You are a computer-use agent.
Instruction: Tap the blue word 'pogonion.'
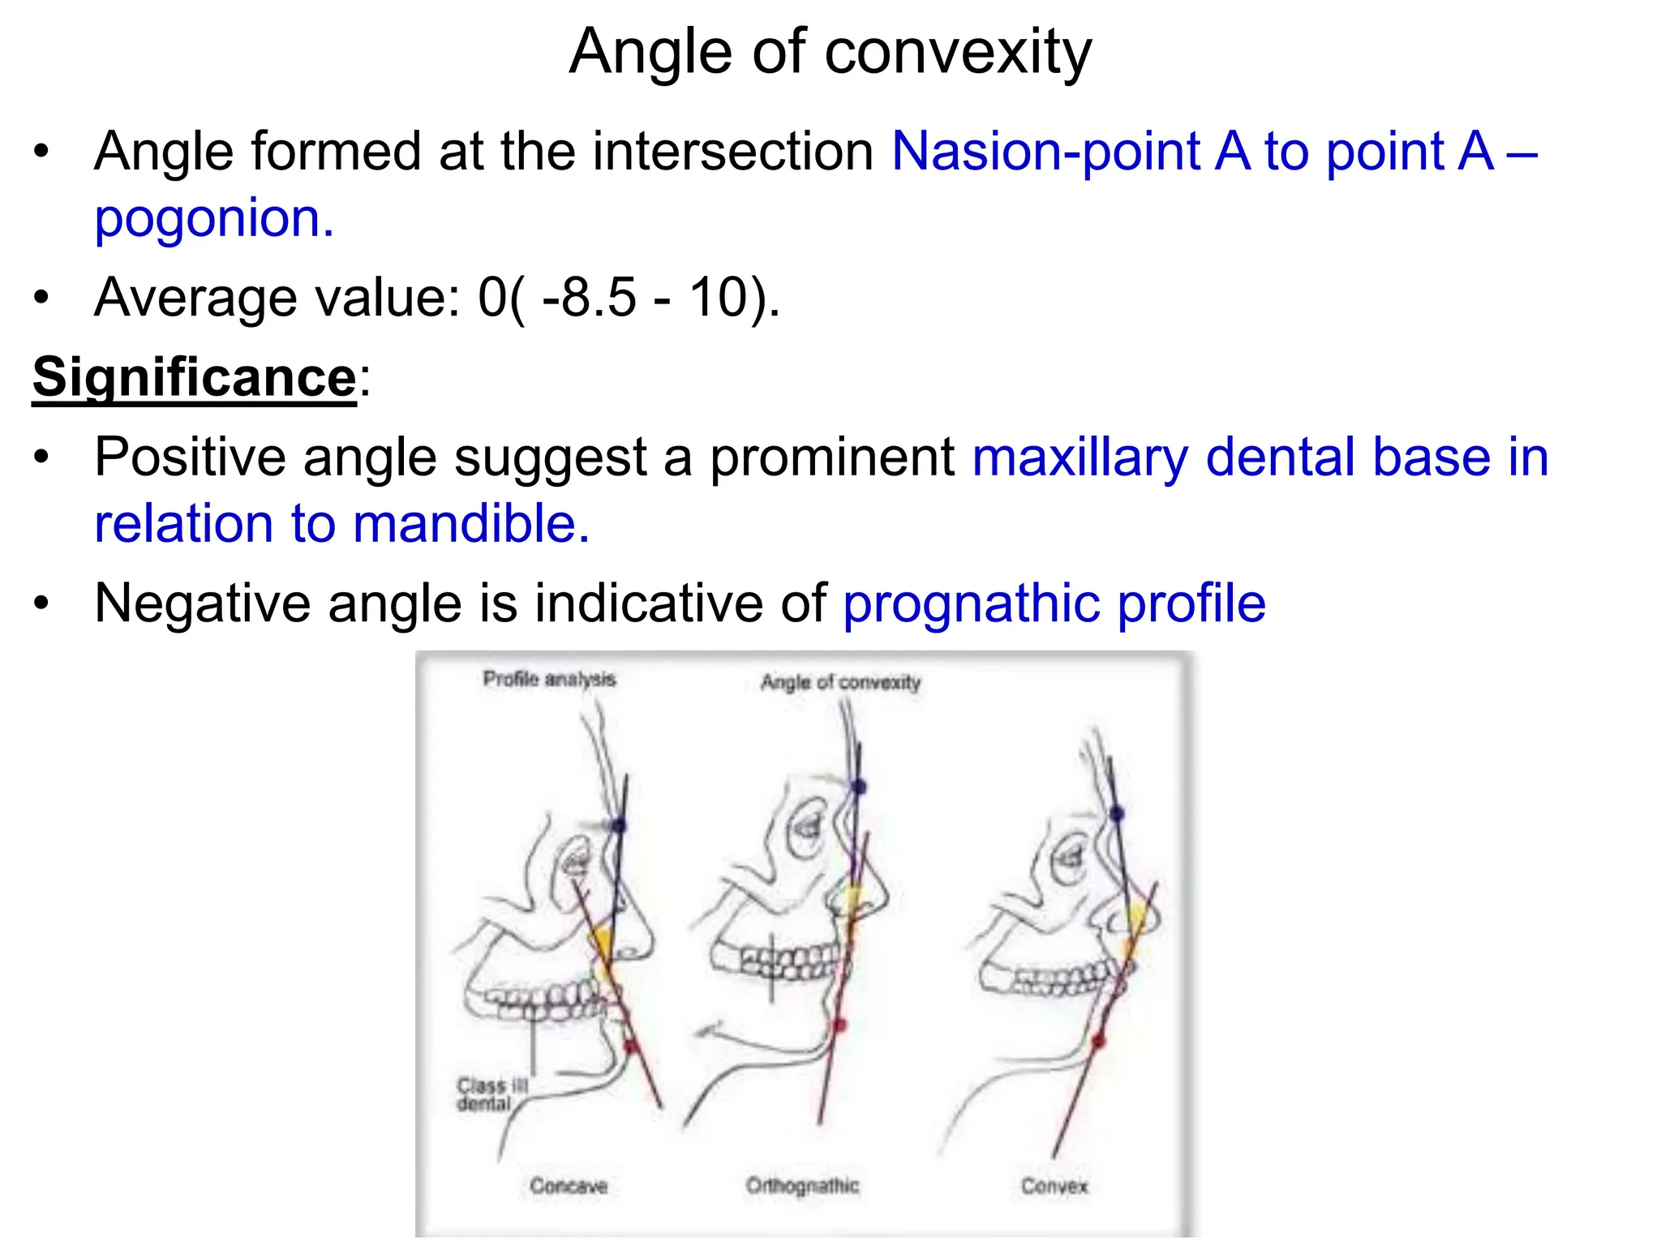(214, 218)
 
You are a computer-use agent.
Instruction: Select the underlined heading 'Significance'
(195, 377)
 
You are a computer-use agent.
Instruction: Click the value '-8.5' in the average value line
(589, 297)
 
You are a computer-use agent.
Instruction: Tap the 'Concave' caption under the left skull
(569, 1186)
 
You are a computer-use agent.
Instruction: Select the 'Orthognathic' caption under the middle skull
(802, 1186)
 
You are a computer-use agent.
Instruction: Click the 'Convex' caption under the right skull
(1054, 1186)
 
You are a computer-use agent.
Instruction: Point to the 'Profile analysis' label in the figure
(549, 679)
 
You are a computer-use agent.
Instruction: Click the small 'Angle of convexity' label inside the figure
(840, 682)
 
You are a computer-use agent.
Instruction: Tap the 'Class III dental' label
(491, 1094)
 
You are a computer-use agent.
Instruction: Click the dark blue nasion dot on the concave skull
(620, 825)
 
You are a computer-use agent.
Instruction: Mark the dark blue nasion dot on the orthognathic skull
(859, 786)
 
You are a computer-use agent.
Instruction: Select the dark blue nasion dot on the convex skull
(1116, 813)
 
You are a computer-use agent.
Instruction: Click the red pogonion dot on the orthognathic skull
(839, 1026)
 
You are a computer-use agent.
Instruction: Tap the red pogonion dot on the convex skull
(1099, 1041)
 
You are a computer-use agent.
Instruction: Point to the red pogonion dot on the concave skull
(631, 1046)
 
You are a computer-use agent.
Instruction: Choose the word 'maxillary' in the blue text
(1079, 457)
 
